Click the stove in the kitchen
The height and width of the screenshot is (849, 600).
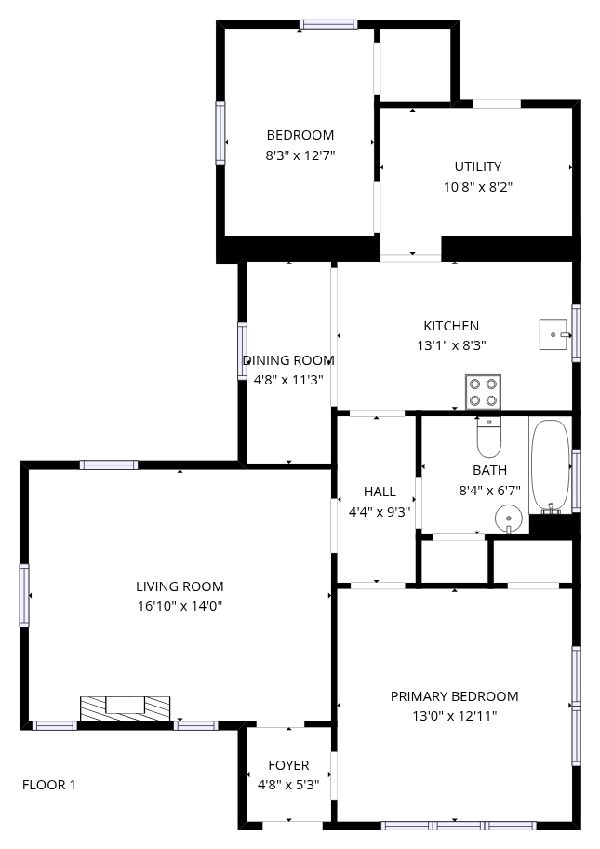(483, 392)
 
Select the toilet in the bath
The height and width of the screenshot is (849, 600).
(489, 437)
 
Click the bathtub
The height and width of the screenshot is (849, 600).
(550, 466)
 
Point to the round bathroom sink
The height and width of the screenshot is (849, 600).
(509, 519)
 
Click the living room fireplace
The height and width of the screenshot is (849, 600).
(125, 708)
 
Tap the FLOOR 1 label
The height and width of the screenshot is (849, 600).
(48, 785)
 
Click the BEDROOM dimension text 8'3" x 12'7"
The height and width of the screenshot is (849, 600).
(300, 156)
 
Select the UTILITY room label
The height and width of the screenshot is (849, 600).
(478, 167)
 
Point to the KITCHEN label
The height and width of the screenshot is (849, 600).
(451, 326)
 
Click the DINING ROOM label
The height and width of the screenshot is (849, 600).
(288, 360)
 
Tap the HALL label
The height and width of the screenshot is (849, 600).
(380, 492)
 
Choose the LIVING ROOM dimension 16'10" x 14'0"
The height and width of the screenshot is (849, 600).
(180, 606)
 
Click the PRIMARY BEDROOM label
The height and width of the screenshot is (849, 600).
(455, 696)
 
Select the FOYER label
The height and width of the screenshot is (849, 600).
(288, 765)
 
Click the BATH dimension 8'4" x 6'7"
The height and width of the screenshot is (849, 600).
(489, 491)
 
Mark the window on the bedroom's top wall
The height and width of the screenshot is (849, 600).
(328, 24)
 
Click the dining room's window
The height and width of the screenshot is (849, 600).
(243, 351)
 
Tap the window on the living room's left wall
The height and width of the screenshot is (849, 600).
(24, 595)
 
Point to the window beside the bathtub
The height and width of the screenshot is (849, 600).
(576, 480)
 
